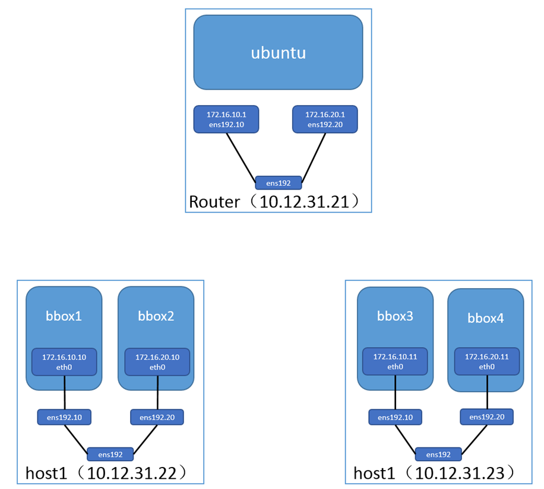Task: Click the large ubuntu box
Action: tap(278, 52)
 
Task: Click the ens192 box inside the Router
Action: tap(279, 182)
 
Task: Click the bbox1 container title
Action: tap(64, 316)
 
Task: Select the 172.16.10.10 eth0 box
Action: tap(64, 362)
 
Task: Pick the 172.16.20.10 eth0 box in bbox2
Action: tap(157, 362)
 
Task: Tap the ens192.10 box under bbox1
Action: tap(64, 417)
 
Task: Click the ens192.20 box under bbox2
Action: tap(157, 417)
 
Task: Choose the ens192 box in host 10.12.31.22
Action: tap(110, 455)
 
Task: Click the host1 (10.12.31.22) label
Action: tap(107, 474)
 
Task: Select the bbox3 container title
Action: tap(395, 316)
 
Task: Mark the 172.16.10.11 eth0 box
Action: tap(395, 362)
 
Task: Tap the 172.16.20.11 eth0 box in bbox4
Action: tap(487, 362)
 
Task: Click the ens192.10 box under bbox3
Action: tap(395, 417)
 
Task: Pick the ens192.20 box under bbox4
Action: tap(487, 417)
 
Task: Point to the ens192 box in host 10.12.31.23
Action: tap(438, 455)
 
